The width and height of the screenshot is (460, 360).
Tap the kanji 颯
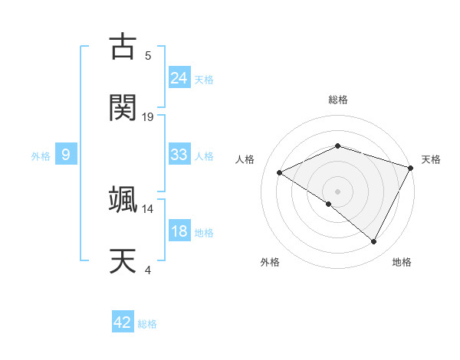123,199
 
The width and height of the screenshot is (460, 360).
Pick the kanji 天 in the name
123,260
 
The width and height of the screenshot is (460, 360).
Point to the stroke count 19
148,116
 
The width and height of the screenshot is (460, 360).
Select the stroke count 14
148,208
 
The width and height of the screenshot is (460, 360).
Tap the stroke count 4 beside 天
147,270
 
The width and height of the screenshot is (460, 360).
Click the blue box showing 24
179,77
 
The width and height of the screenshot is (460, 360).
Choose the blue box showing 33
179,155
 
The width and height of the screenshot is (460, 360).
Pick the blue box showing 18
179,231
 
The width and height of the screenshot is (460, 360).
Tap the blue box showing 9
66,155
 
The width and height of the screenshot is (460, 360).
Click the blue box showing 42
123,322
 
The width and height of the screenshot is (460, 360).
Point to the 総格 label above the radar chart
337,100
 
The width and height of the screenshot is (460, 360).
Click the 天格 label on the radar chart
431,159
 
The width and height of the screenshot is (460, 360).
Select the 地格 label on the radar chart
402,263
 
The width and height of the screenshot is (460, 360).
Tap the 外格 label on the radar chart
270,263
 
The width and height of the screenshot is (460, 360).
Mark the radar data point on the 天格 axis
412,167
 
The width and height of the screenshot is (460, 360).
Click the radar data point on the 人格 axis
280,173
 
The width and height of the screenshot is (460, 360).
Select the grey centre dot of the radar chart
337,191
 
